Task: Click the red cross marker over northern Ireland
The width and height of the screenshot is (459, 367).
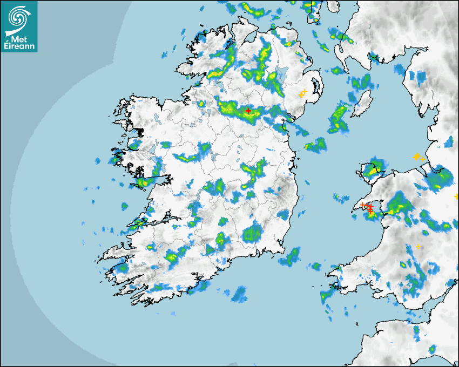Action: point(248,111)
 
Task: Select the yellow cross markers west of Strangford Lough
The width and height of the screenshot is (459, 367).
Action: point(302,94)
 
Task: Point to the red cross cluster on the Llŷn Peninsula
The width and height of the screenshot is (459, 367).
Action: point(369,207)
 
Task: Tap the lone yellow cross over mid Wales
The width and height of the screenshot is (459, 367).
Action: point(418,247)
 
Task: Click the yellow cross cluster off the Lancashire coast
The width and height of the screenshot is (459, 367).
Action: point(417,157)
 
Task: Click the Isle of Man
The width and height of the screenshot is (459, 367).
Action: point(362,103)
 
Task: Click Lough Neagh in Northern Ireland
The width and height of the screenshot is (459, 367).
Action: point(282,74)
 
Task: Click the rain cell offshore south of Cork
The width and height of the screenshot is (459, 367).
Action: point(238,294)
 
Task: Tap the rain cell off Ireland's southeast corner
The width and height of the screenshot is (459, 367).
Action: point(292,256)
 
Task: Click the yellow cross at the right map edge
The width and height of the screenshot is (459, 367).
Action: point(456,196)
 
